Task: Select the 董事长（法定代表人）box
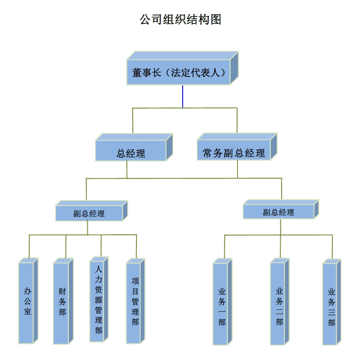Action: click(x=178, y=73)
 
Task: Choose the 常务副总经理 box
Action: click(x=234, y=153)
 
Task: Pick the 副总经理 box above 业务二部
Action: click(x=278, y=212)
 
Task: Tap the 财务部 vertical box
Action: click(x=62, y=302)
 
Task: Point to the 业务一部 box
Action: click(x=220, y=304)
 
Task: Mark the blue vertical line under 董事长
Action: click(x=183, y=97)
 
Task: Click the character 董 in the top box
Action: click(x=137, y=73)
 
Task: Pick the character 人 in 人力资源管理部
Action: click(x=98, y=270)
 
